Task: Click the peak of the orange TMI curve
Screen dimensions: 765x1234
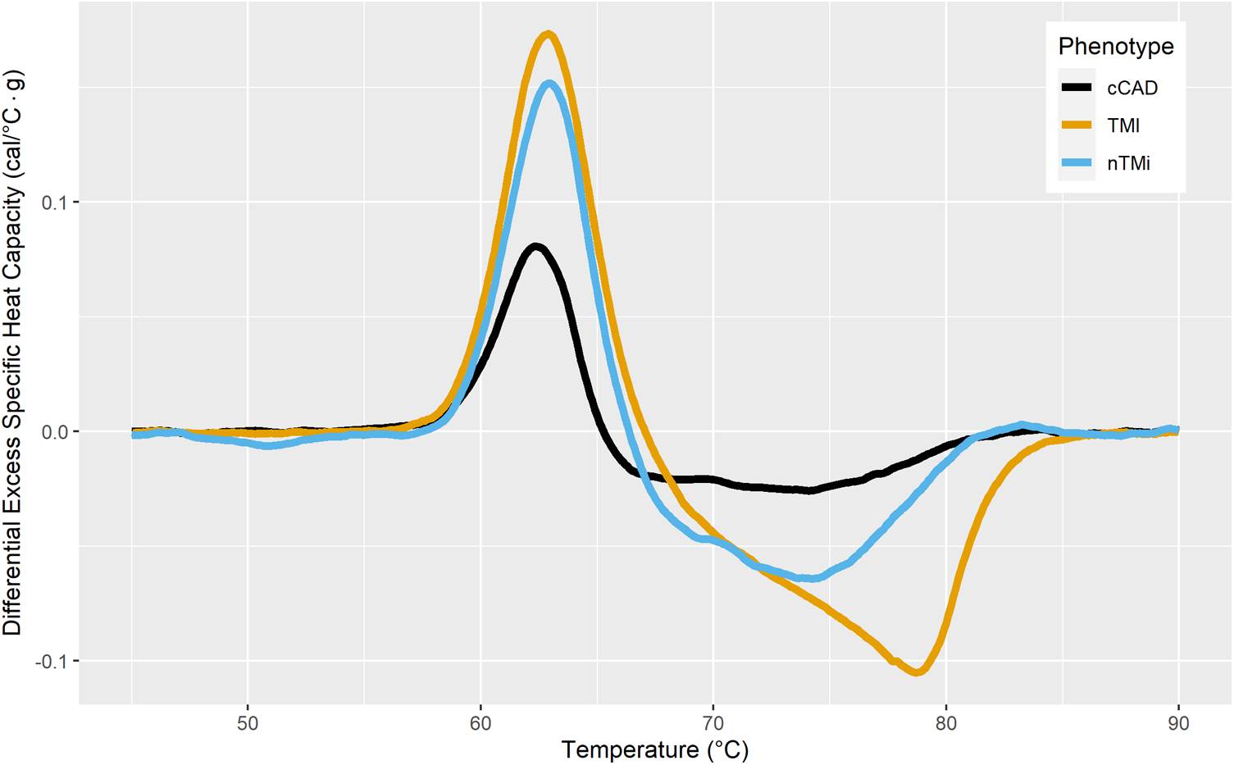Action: tap(549, 34)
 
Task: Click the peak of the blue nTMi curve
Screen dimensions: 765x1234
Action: tap(549, 84)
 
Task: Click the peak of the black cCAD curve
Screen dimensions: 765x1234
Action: tap(535, 246)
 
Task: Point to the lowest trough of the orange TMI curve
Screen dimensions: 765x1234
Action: tap(918, 672)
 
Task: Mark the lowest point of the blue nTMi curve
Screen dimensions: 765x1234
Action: tap(812, 578)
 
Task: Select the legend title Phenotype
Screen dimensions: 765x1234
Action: tap(1115, 46)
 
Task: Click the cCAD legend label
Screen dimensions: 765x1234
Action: tap(1132, 88)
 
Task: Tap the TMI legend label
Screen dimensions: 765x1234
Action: tap(1123, 125)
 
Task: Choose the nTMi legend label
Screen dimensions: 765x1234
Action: tap(1128, 163)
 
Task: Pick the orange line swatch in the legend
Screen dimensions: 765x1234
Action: tap(1077, 125)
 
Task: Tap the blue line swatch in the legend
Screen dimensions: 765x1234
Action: tap(1077, 163)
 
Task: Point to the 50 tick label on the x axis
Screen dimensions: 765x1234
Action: tap(248, 723)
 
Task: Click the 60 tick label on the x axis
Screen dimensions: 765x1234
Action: tap(480, 723)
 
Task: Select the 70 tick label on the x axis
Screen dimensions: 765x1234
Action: tap(713, 723)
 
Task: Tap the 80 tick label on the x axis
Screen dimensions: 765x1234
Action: tap(946, 723)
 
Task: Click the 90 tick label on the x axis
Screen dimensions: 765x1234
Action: tap(1178, 723)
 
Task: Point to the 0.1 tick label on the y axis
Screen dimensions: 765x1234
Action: tap(56, 203)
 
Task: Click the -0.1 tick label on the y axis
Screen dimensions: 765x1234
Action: tap(52, 662)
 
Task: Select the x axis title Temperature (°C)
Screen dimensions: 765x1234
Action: tap(654, 749)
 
